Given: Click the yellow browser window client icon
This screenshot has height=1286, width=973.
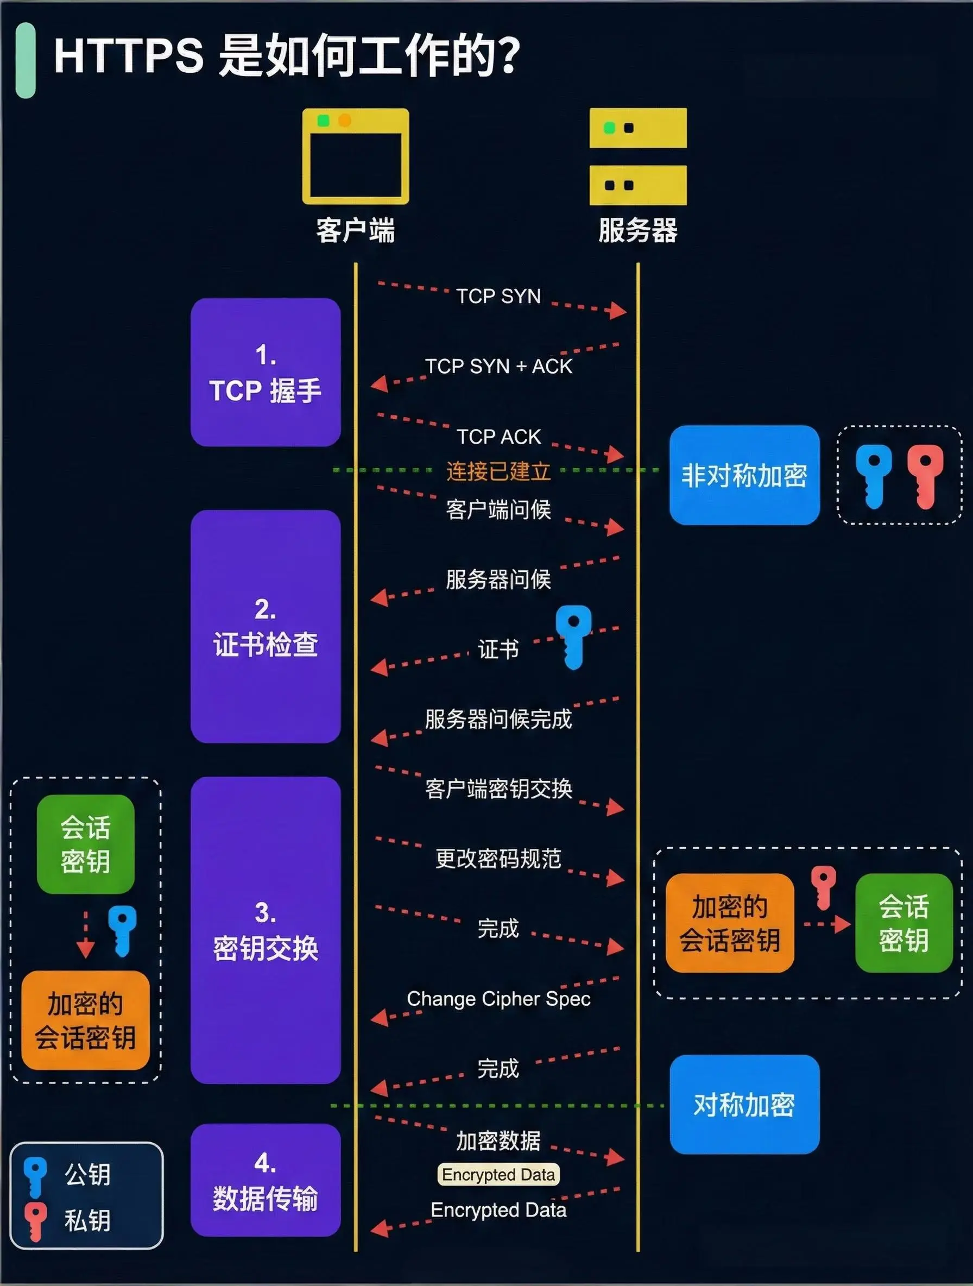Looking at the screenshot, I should point(355,156).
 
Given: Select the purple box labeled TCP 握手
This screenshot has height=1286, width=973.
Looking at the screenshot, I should point(266,372).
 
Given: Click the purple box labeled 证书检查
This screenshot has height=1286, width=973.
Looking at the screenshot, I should point(266,626).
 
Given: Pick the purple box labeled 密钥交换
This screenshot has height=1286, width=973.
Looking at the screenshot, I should point(266,930).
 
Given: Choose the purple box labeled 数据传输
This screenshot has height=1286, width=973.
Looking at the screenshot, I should point(266,1180).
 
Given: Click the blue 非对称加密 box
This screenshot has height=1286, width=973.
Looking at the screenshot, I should point(744,475).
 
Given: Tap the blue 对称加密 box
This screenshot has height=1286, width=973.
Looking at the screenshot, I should point(744,1104).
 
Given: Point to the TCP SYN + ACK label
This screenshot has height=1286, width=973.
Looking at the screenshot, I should point(498,366).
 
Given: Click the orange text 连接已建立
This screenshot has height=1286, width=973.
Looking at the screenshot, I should point(498,471).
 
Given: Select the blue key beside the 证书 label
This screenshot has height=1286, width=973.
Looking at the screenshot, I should point(573,636).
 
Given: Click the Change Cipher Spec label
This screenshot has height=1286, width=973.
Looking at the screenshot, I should point(498,999).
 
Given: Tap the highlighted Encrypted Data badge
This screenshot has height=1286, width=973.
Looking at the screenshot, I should point(498,1174).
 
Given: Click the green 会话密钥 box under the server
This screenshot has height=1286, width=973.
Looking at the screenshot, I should point(903,923).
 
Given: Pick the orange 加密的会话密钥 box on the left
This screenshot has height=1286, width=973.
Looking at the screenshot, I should point(85,1020).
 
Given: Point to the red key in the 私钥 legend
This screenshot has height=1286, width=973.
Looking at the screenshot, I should point(35,1221).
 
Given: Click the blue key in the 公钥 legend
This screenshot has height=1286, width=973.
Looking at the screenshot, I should point(35,1176).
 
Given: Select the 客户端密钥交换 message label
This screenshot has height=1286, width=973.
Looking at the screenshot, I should point(498,789).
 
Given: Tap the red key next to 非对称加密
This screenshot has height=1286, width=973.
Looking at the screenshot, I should point(925,475).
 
